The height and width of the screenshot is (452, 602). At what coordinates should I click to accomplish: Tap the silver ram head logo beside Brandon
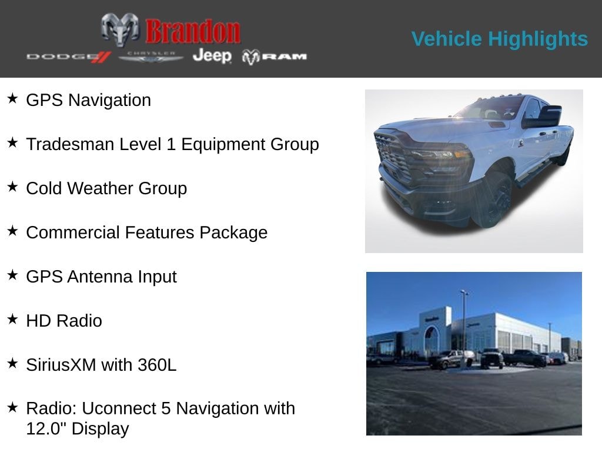tap(120, 29)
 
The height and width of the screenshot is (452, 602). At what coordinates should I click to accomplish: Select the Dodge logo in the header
tap(68, 56)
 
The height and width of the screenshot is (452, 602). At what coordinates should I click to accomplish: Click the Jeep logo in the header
tap(212, 56)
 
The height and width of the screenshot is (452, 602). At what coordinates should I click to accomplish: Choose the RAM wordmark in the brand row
tap(284, 56)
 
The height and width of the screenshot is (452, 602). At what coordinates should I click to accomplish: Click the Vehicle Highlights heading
tap(499, 39)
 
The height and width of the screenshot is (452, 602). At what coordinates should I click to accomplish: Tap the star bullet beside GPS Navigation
tap(12, 98)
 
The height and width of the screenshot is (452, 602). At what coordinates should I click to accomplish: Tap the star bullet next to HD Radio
tap(12, 319)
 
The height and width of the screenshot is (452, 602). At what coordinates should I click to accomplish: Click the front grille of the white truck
tap(393, 156)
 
